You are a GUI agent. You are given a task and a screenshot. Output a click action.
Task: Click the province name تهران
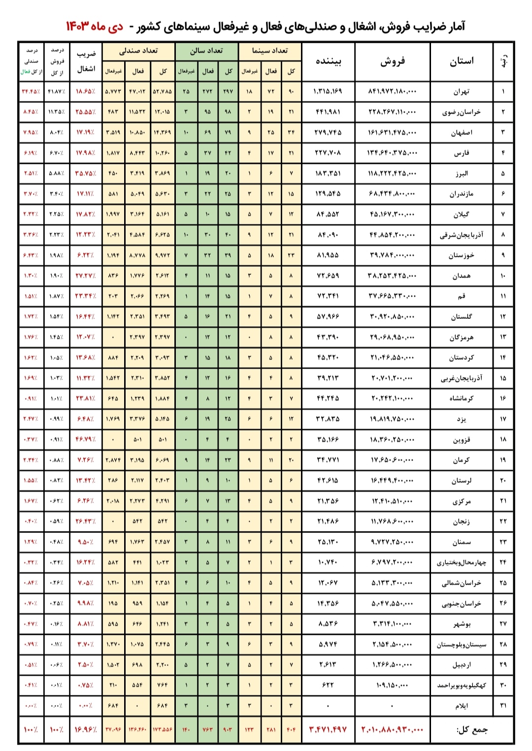click(462, 92)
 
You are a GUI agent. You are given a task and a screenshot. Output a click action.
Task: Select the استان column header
click(462, 61)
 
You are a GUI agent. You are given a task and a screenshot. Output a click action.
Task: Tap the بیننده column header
click(328, 61)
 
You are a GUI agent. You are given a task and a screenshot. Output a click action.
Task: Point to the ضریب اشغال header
click(86, 61)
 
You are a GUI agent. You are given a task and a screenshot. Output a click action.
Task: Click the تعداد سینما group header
click(270, 51)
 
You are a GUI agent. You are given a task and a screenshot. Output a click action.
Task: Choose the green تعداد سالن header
click(207, 51)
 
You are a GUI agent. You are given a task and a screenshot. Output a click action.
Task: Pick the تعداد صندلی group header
click(138, 51)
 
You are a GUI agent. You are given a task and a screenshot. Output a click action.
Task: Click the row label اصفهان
click(462, 132)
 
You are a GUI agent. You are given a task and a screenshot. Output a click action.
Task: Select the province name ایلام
click(462, 706)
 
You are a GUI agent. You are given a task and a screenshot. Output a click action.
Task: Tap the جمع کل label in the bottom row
click(472, 730)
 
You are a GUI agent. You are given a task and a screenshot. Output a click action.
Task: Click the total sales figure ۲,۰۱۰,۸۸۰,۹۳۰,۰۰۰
click(392, 730)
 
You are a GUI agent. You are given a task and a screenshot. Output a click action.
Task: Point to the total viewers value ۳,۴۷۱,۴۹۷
click(328, 730)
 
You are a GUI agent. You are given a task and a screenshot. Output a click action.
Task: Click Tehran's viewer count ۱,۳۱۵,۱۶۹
click(328, 92)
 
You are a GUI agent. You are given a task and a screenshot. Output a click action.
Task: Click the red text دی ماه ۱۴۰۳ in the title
click(95, 27)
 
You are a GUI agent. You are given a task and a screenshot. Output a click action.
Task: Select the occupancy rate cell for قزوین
click(86, 439)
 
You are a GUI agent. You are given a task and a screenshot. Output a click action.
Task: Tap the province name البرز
click(462, 173)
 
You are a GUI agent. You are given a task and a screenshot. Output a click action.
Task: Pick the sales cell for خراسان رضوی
click(392, 112)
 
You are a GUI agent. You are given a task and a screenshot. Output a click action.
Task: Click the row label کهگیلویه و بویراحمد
click(462, 685)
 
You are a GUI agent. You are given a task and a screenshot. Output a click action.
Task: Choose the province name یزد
click(462, 419)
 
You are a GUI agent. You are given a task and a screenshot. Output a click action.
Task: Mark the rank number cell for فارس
click(503, 153)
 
